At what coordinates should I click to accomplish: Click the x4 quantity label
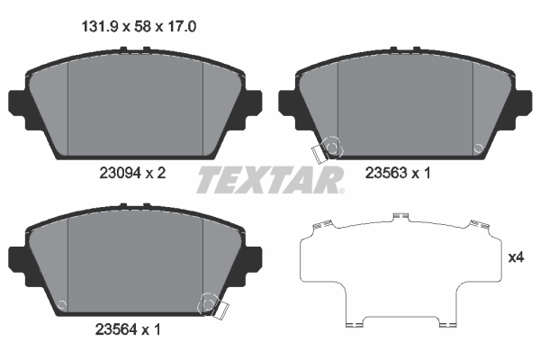pyautogui.click(x=516, y=258)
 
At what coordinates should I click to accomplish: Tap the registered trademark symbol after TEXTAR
pyautogui.click(x=341, y=191)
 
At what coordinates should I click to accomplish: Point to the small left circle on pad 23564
pyautogui.click(x=61, y=303)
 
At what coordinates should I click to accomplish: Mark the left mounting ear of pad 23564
pyautogui.click(x=18, y=257)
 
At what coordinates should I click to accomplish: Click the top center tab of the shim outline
pyautogui.click(x=401, y=217)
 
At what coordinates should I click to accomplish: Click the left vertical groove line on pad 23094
pyautogui.click(x=69, y=108)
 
